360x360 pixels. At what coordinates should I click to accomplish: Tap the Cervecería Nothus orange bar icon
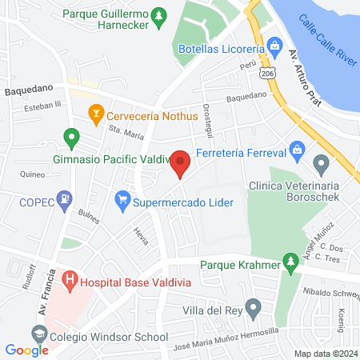point(96,114)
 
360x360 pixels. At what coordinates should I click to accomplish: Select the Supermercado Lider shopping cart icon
point(122,197)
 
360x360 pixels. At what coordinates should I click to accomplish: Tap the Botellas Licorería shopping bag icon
point(274,46)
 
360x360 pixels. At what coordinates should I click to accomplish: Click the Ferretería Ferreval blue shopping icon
point(297,149)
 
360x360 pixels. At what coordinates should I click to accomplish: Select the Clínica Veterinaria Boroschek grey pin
point(322,166)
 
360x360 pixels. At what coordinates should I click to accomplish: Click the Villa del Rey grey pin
point(254,306)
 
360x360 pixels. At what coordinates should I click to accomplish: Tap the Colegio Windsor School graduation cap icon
point(38,333)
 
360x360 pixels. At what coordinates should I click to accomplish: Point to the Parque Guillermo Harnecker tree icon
point(160,15)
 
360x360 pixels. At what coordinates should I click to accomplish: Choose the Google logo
point(27,350)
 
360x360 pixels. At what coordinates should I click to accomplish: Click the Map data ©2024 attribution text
point(325,354)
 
